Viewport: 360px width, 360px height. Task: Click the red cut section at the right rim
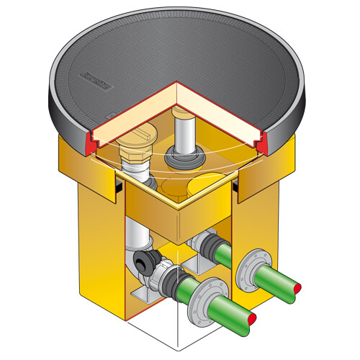coord(268,143)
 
